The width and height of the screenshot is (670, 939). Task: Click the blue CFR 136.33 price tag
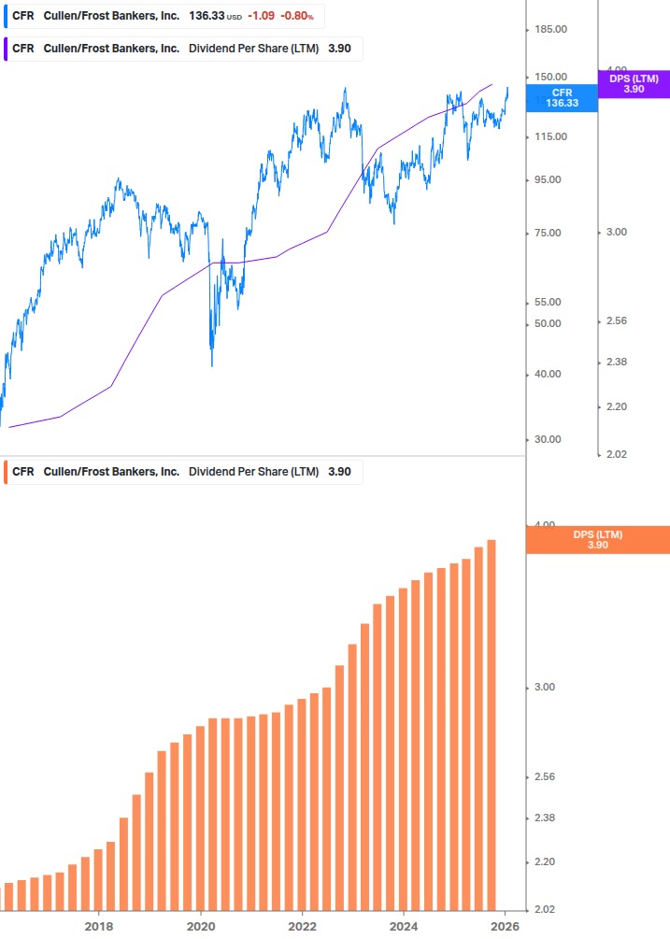click(562, 98)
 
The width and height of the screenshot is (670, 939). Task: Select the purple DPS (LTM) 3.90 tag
click(634, 84)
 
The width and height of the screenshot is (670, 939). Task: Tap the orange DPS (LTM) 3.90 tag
click(598, 540)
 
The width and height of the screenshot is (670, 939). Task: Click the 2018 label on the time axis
click(99, 926)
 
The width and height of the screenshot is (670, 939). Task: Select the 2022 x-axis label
click(303, 926)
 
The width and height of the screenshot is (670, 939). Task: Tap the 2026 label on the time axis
click(506, 926)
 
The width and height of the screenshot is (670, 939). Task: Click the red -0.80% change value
click(297, 17)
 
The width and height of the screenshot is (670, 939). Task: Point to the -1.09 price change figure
click(261, 17)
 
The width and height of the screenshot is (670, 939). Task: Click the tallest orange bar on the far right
click(492, 724)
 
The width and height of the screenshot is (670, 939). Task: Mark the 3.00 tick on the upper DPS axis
click(616, 233)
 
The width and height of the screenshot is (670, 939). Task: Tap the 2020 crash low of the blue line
click(212, 364)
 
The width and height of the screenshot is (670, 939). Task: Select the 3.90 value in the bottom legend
click(339, 472)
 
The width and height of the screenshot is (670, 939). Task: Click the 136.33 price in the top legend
click(205, 17)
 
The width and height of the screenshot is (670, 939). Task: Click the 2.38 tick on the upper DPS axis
click(616, 363)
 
